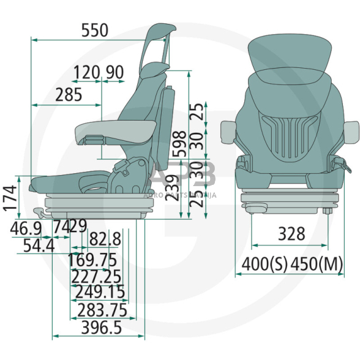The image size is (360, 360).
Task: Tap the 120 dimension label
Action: coord(86,73)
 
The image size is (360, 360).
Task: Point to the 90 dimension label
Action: coord(114,73)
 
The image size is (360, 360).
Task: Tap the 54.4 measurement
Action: coord(37,246)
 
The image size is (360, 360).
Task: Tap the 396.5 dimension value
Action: coord(97,328)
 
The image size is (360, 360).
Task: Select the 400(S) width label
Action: coord(264,264)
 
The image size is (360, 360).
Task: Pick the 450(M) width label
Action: coord(316,264)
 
